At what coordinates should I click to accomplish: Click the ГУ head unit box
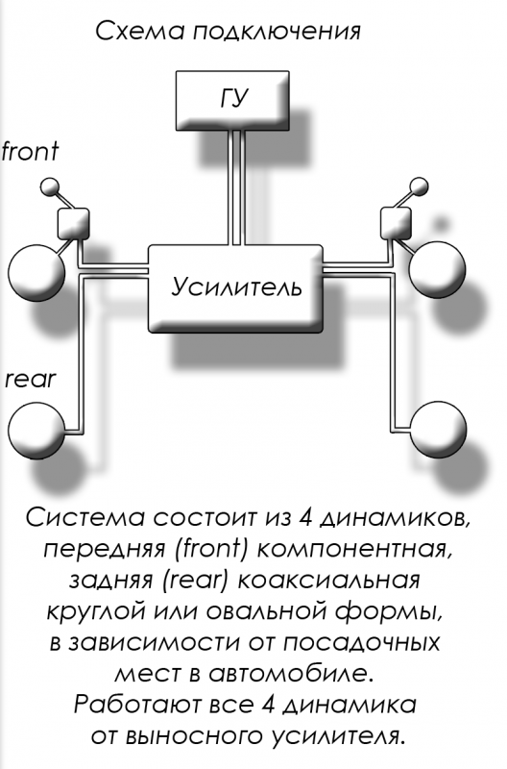232,101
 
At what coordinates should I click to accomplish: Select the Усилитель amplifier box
235,288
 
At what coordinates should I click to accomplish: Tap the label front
30,151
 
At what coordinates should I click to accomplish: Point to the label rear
31,380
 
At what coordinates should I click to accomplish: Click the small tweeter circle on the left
49,186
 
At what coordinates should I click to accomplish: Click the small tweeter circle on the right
419,186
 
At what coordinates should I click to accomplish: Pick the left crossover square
74,223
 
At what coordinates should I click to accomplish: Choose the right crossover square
396,223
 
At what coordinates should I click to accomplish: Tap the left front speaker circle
36,272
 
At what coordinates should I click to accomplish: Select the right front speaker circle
437,269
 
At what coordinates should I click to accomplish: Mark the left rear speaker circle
36,430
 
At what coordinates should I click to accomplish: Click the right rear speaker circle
437,429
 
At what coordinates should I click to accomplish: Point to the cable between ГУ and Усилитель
236,187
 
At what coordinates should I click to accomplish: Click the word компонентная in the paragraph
352,549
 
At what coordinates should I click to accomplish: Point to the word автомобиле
292,675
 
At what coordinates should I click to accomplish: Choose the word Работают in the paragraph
138,705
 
